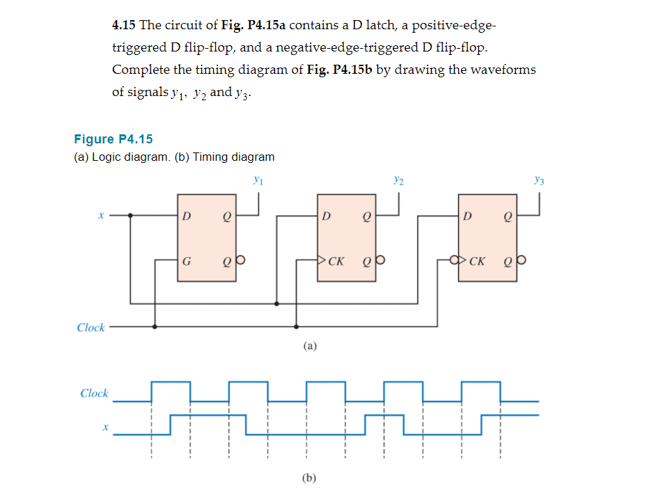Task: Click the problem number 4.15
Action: tap(124, 26)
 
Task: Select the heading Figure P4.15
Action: tap(113, 139)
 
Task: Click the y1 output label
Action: tap(258, 180)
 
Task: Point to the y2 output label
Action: tap(398, 180)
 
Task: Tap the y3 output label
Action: tap(539, 180)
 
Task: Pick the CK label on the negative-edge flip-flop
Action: tap(477, 262)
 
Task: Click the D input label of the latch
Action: tap(186, 216)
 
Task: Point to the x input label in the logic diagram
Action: tap(101, 216)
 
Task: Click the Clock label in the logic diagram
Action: tap(91, 327)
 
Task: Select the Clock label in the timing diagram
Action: tap(94, 393)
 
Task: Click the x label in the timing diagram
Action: tap(104, 427)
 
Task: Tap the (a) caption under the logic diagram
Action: tap(310, 345)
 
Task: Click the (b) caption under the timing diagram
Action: tap(310, 478)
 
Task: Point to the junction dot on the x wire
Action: tap(130, 216)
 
